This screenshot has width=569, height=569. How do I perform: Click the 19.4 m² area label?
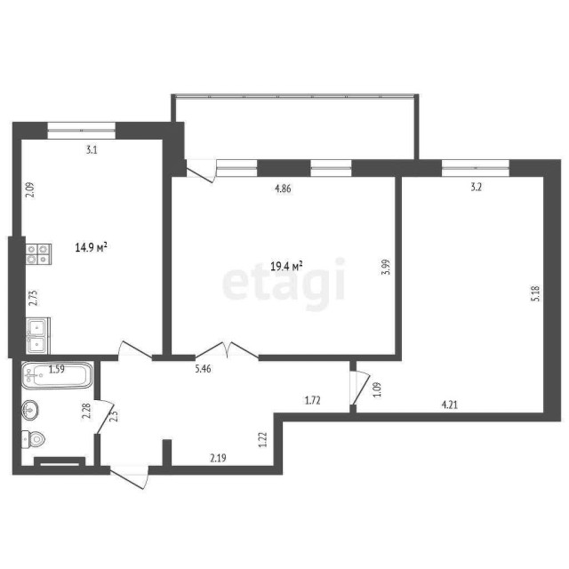pos(287,265)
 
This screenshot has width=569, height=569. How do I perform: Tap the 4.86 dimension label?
pos(282,188)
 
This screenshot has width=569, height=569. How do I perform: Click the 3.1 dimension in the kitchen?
pos(92,150)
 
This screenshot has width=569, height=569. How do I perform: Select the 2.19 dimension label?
pos(217,459)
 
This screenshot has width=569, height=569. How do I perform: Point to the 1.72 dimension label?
pos(312,401)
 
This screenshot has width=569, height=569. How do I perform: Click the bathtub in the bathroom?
pos(57,376)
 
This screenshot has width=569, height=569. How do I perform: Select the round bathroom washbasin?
pos(30,411)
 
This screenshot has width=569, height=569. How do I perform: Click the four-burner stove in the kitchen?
pos(37,255)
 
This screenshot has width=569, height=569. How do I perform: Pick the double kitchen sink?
pos(36,336)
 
